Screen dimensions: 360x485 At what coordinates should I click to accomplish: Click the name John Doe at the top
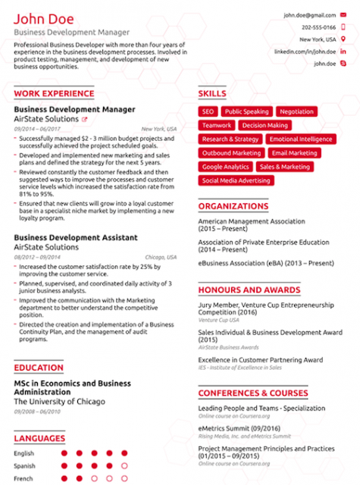coord(44,19)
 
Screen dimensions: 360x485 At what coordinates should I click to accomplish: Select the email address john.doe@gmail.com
coord(308,14)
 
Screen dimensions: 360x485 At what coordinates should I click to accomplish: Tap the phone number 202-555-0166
coord(318,27)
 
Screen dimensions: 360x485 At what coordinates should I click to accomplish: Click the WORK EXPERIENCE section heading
coord(53,94)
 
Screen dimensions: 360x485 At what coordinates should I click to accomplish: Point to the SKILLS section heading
coord(212,94)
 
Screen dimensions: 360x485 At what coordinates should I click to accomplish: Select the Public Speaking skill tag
coord(246,111)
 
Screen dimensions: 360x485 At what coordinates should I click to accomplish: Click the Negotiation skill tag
coord(296,111)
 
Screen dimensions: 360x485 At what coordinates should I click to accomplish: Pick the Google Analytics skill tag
coord(225,167)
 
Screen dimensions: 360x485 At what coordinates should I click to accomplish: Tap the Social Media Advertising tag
coord(236,180)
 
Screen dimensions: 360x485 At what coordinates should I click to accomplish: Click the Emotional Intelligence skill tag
coord(300,139)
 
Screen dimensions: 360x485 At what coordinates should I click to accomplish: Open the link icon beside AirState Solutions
coord(84,120)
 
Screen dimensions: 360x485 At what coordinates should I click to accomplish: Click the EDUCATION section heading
coord(39,368)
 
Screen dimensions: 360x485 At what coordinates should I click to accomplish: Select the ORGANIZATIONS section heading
coord(233,206)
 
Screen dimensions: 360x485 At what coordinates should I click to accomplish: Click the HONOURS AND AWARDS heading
coord(249,289)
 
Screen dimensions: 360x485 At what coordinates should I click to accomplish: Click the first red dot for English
coord(64,453)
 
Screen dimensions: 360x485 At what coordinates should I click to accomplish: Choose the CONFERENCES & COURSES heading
coord(252,393)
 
